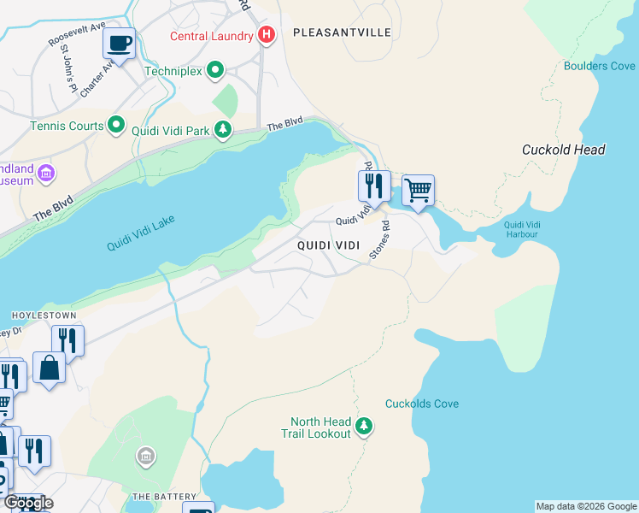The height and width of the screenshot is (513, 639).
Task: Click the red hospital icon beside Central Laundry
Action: [267, 36]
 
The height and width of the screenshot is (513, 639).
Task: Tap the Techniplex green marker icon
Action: [215, 71]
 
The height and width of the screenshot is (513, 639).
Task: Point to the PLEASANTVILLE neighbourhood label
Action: [342, 32]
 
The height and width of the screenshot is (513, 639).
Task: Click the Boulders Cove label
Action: [599, 66]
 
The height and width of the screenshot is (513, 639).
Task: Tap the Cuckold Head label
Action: [563, 150]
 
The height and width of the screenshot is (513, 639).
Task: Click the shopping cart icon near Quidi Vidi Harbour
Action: [418, 190]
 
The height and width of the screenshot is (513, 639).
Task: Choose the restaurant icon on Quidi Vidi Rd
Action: [374, 186]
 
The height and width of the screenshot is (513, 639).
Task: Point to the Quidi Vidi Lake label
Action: [140, 233]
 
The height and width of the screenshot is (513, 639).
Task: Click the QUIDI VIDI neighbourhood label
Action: [328, 245]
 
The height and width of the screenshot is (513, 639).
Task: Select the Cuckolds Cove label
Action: [421, 404]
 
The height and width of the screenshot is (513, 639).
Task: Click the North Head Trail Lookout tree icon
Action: [365, 425]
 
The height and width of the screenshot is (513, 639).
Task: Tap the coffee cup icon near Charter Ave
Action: [119, 43]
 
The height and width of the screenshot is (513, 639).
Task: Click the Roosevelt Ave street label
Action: [74, 35]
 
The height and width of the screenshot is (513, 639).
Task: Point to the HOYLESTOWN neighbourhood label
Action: [38, 315]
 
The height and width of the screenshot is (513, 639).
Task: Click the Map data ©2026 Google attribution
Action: [586, 506]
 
